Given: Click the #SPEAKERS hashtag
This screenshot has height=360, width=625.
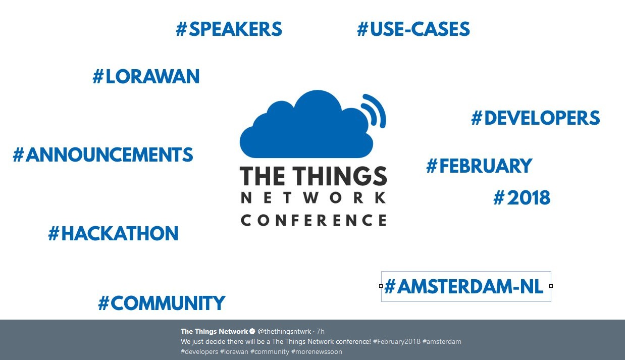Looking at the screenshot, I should tap(229, 29).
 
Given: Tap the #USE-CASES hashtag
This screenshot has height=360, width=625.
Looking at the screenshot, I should tap(413, 29).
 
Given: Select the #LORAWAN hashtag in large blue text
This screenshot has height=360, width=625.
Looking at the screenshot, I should tap(146, 77).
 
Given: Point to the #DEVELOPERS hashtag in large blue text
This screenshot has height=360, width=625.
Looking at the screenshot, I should tap(536, 118).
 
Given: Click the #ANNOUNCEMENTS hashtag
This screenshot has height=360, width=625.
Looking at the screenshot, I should tap(103, 155).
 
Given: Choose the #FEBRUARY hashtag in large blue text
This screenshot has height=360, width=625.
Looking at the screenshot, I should tap(479, 166).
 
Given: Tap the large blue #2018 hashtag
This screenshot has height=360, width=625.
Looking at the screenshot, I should tap(522, 198).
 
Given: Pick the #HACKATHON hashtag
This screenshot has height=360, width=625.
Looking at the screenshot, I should tap(114, 234).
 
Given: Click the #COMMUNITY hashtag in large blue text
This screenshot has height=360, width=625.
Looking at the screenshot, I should tap(162, 303).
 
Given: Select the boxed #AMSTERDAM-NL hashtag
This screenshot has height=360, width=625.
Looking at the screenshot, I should tap(464, 287).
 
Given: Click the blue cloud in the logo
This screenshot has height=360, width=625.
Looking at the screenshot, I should tap(303, 126).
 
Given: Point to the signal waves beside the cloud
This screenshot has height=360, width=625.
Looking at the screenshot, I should tap(375, 110).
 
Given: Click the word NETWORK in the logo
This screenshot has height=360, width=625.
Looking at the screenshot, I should tap(314, 198).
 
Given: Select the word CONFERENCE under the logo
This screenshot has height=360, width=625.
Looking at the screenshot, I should tap(314, 220).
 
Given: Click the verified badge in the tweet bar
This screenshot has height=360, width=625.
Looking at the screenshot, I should tap(252, 331).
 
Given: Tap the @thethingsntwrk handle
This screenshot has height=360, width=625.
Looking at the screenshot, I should tap(284, 331).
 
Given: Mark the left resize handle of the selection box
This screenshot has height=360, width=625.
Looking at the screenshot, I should tap(381, 286).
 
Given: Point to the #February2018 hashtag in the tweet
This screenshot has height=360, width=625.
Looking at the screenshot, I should tap(396, 341).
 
